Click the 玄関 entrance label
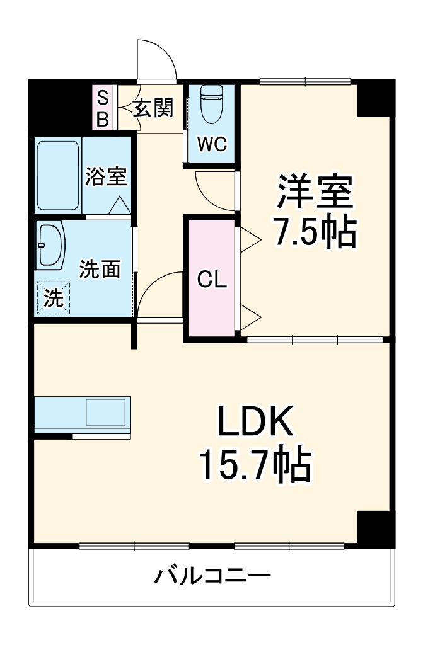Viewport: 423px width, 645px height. pyautogui.click(x=153, y=108)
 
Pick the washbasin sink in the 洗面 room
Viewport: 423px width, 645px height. pyautogui.click(x=50, y=245)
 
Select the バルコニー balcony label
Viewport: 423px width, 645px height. pyautogui.click(x=212, y=575)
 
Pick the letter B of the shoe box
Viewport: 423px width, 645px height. pyautogui.click(x=102, y=118)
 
